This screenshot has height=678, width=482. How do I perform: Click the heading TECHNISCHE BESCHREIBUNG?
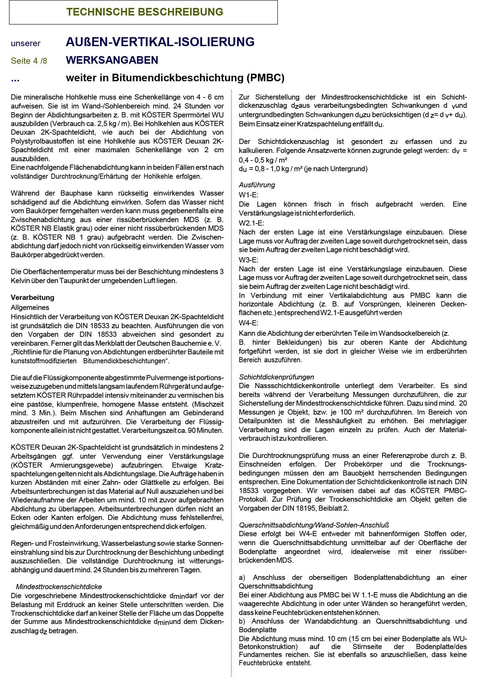145,12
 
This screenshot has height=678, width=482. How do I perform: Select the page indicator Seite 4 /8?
29,61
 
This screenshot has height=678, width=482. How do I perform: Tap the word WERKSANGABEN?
112,60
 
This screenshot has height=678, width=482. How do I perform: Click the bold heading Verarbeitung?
32,298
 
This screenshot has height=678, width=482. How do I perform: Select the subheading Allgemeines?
30,307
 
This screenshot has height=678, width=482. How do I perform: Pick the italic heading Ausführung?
257,185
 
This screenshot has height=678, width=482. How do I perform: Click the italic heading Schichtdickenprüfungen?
276,377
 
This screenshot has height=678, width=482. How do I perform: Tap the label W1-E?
249,195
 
